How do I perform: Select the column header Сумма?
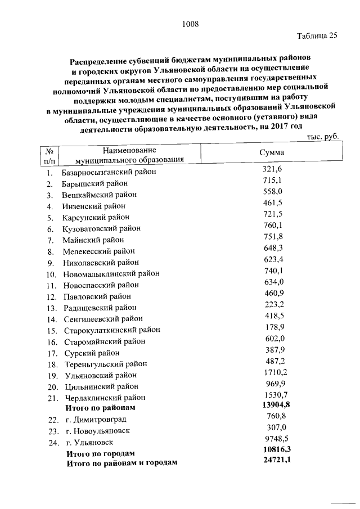(x=272, y=153)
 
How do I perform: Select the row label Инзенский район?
(x=93, y=206)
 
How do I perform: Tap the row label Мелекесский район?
(x=99, y=251)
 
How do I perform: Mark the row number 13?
(x=52, y=308)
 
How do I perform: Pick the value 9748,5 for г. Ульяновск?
(x=274, y=439)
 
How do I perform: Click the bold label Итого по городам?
(x=101, y=453)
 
